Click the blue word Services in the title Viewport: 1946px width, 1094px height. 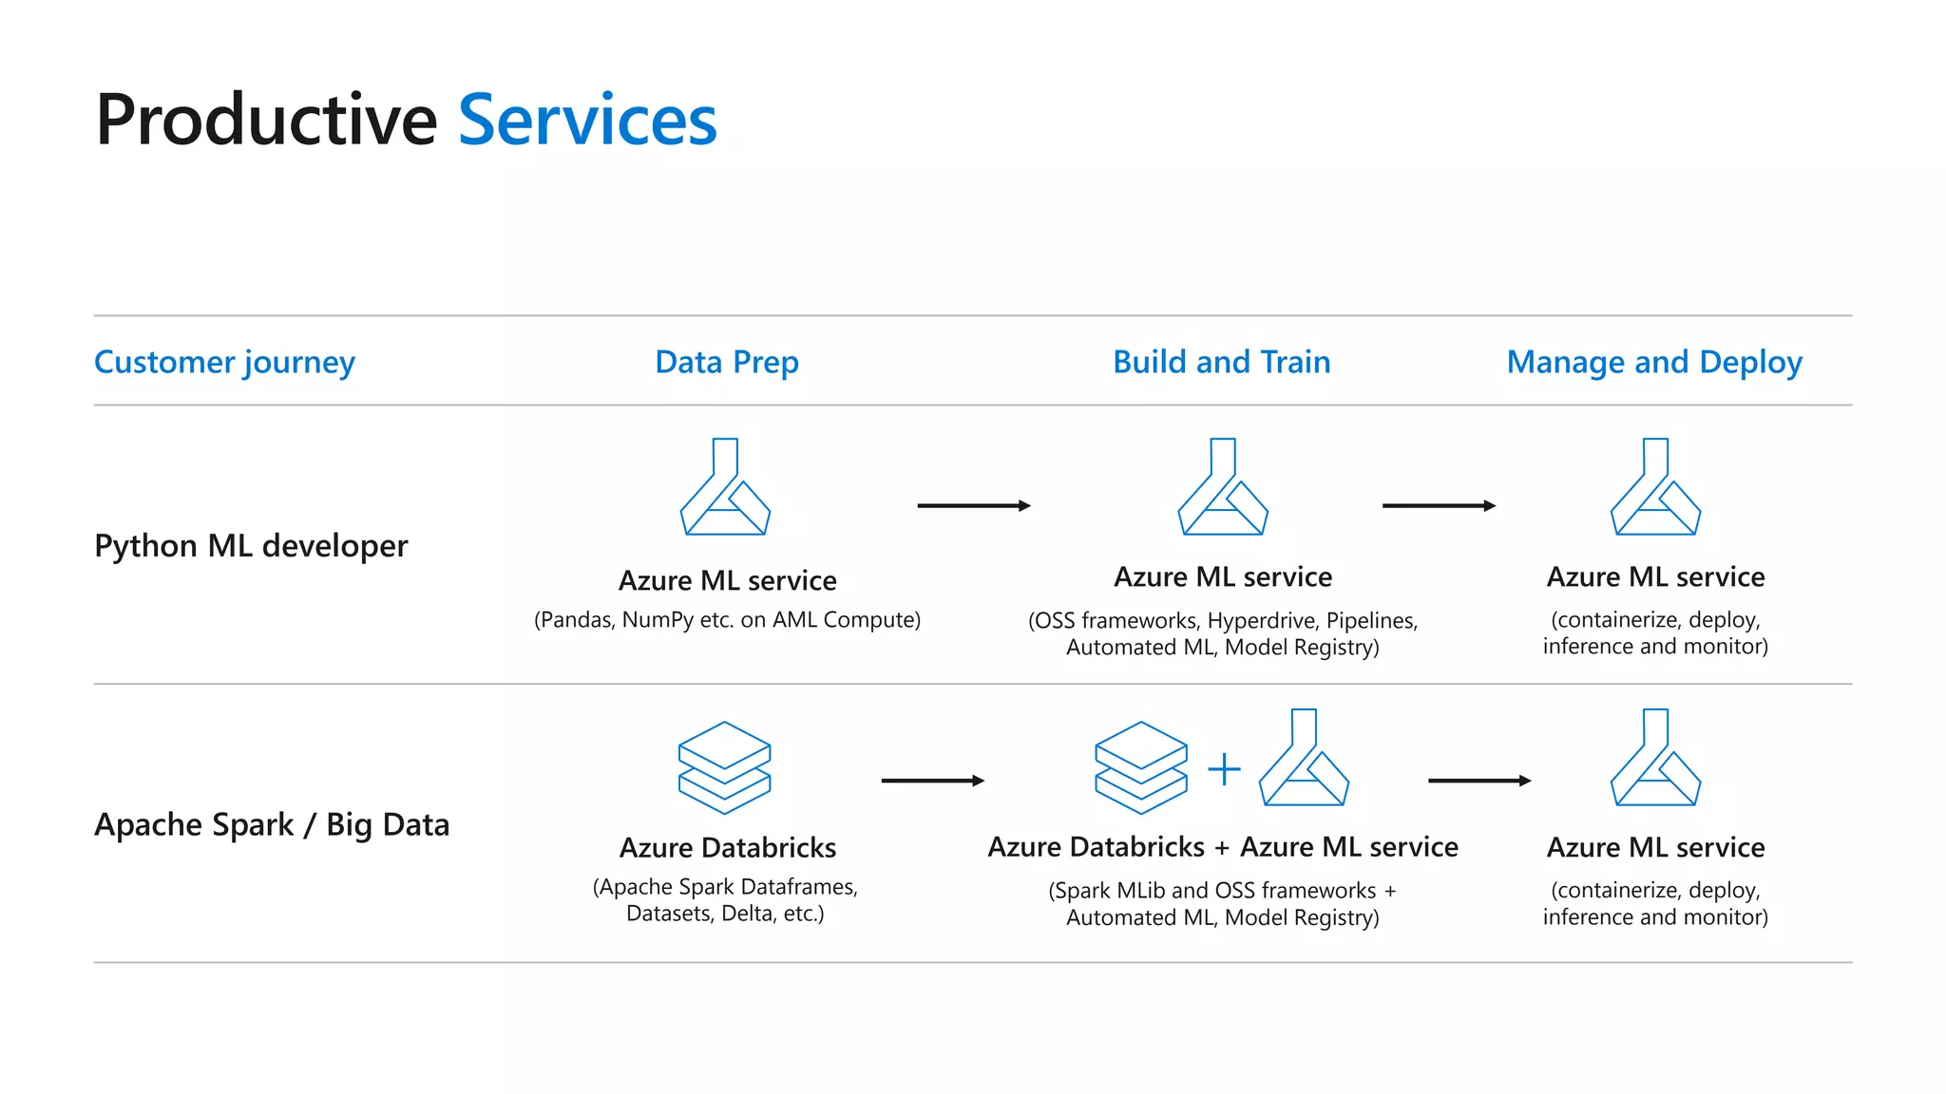click(587, 121)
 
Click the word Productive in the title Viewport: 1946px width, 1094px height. click(266, 121)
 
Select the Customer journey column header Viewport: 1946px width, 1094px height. click(224, 362)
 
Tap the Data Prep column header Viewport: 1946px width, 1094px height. click(727, 362)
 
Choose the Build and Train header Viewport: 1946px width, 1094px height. click(1221, 362)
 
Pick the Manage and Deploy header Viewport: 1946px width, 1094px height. click(1654, 362)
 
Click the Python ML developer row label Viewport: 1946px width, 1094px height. click(251, 546)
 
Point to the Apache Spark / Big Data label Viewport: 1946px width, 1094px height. click(272, 824)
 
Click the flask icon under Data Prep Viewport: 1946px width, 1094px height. click(725, 487)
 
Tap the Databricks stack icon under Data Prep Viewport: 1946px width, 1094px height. click(724, 767)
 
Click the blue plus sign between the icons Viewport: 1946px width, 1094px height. click(1224, 769)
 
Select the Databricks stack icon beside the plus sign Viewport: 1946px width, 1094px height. click(1140, 767)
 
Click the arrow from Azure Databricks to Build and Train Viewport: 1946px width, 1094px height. click(932, 781)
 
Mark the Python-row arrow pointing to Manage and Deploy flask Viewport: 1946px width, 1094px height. click(1439, 506)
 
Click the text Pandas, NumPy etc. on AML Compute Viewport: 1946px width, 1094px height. click(727, 620)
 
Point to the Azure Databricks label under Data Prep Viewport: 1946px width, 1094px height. click(728, 847)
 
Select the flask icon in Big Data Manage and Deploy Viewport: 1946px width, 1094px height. click(1655, 758)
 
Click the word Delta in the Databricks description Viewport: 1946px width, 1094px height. click(746, 914)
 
